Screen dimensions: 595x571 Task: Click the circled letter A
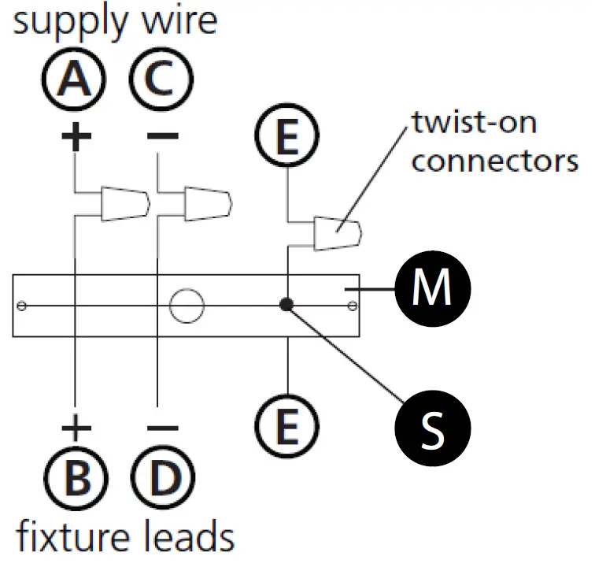coord(74,80)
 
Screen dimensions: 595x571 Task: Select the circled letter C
coord(161,80)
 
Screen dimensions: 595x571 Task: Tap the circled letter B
coord(76,478)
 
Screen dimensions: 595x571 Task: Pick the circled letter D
coord(163,478)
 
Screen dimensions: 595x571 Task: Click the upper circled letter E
coord(286,135)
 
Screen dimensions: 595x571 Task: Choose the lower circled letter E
coord(286,426)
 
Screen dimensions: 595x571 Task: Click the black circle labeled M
coord(433,288)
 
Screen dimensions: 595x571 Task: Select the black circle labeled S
coord(433,428)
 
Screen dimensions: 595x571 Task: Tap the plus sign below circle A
coord(76,136)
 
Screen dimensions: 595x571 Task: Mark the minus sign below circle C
coord(163,135)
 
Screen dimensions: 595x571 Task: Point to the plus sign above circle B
coord(76,428)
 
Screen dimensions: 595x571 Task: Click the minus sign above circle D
coord(163,428)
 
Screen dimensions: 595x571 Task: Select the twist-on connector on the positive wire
coord(125,204)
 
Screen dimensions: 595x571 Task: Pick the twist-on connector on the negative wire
coord(209,204)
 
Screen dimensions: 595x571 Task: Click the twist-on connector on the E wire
coord(338,233)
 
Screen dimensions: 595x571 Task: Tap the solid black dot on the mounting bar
coord(286,304)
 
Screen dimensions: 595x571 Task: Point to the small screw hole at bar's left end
coord(21,306)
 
